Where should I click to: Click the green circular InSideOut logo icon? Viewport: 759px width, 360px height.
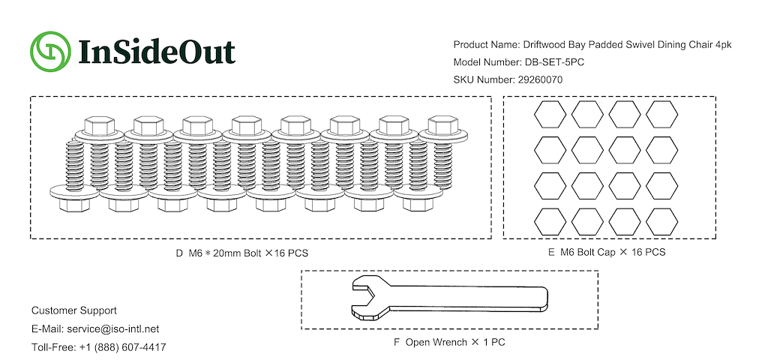[50, 51]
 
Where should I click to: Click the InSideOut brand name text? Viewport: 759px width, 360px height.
[157, 51]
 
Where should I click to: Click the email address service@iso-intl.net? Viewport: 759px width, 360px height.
[112, 329]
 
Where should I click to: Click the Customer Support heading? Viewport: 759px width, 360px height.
[74, 310]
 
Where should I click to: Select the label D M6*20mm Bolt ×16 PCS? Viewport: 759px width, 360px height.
[242, 253]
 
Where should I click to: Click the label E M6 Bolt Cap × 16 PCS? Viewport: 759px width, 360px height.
[607, 252]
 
